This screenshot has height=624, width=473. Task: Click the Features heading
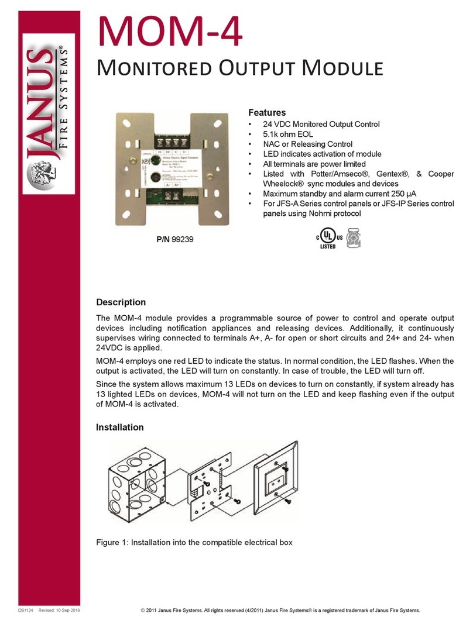coord(267,112)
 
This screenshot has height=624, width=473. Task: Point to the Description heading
coord(121,302)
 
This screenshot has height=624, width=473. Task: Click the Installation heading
coord(120,428)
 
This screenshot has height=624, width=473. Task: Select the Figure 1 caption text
coord(194,543)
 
